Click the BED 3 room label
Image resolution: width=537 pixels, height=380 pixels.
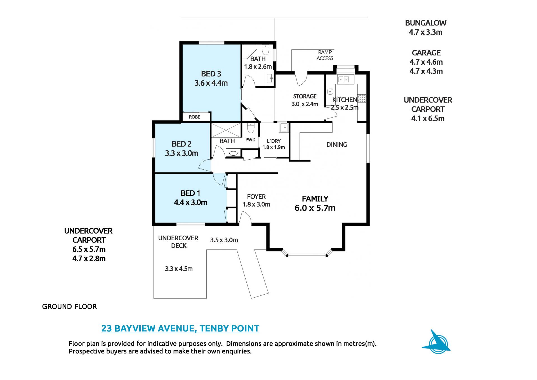click(211, 74)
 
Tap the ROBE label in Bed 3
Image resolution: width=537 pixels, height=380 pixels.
click(194, 117)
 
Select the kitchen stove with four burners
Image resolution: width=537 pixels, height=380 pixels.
click(362, 98)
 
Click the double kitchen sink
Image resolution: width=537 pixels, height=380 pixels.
click(346, 80)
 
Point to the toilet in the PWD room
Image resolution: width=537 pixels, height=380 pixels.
click(251, 128)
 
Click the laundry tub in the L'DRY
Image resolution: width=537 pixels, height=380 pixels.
click(283, 128)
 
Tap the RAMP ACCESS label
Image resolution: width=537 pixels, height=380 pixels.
click(325, 55)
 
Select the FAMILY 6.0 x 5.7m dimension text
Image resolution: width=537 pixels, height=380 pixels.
click(315, 208)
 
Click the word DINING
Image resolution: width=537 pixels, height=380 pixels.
click(337, 145)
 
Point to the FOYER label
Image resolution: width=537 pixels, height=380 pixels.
click(256, 197)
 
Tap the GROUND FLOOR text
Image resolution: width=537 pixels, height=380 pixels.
click(69, 307)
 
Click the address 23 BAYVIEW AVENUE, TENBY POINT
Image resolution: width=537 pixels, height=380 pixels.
click(180, 328)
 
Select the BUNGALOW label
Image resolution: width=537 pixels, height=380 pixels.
click(426, 23)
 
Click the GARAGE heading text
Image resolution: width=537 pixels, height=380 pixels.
click(426, 53)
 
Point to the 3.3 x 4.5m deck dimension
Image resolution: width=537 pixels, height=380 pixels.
click(179, 269)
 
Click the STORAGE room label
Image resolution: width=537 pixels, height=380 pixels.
click(305, 96)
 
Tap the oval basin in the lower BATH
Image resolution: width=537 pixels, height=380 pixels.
click(233, 153)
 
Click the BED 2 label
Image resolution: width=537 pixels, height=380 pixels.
click(182, 144)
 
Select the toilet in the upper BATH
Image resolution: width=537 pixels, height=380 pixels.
click(265, 50)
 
